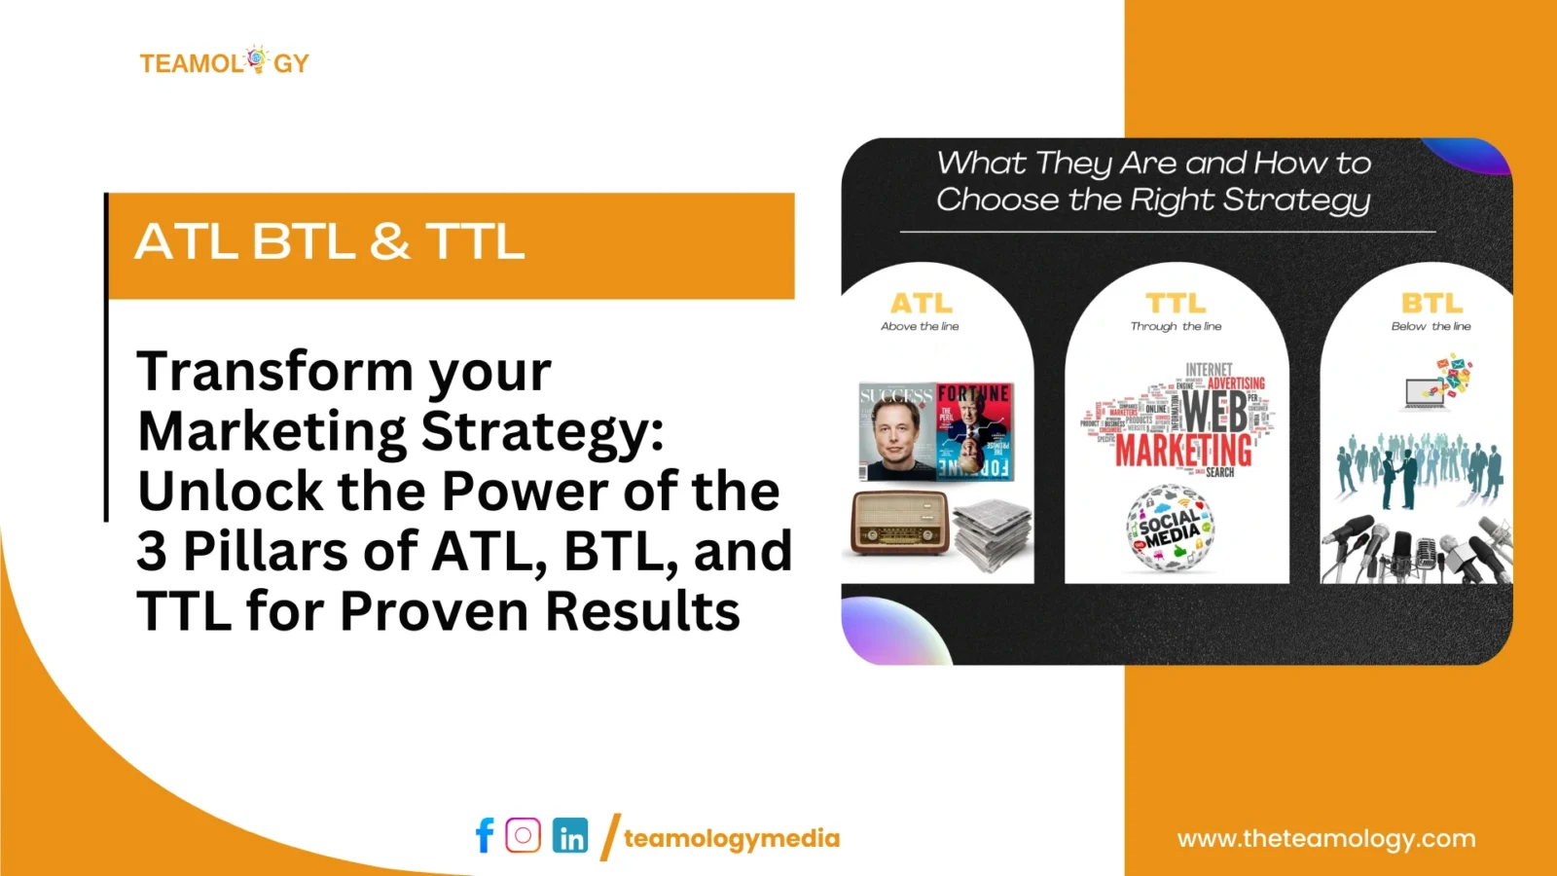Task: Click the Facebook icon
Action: pos(485,835)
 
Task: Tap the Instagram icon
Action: pos(524,835)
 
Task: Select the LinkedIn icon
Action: pos(570,836)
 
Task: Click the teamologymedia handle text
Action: pos(731,838)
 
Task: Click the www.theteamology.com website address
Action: pos(1326,838)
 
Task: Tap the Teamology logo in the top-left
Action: pos(225,62)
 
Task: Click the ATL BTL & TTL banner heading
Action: pos(330,241)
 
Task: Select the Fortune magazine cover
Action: pos(975,430)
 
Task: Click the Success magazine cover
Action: pos(896,432)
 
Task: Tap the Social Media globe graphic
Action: pos(1171,529)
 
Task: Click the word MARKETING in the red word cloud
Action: pos(1183,452)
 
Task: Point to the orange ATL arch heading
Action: pos(921,303)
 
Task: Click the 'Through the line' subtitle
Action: pos(1176,327)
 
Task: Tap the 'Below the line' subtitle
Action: pos(1430,327)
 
